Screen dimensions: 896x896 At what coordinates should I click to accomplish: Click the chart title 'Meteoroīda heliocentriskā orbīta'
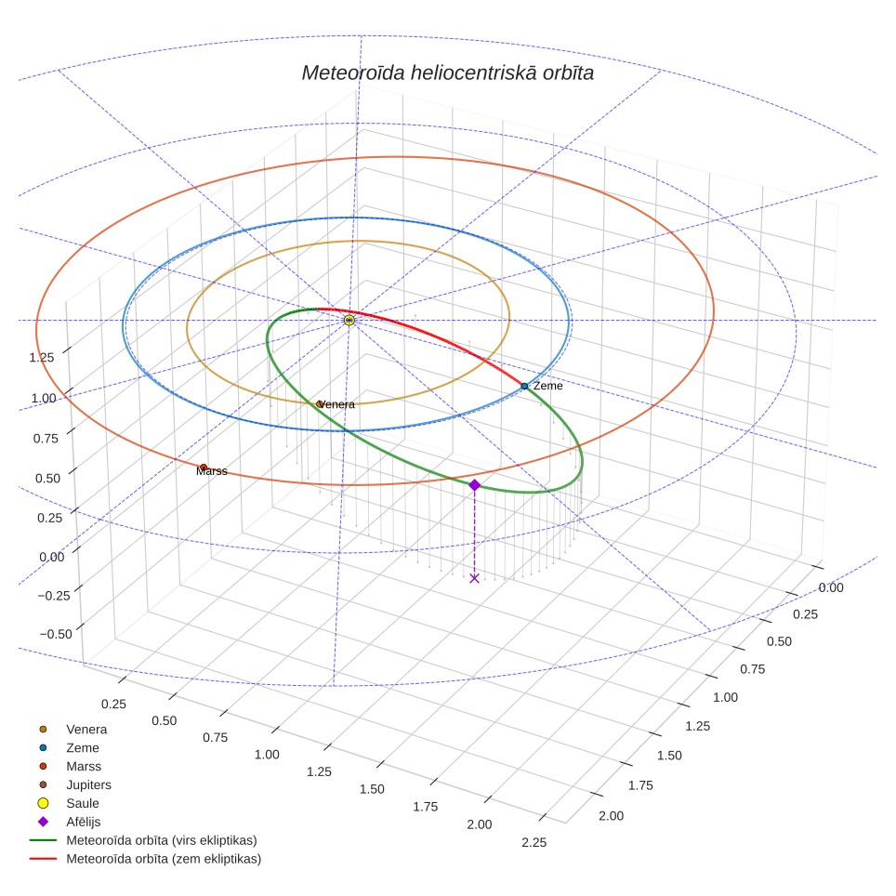pyautogui.click(x=447, y=72)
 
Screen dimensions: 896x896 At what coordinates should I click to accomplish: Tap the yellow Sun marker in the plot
pyautogui.click(x=349, y=320)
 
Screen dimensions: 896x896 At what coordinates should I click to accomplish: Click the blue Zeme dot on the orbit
pyautogui.click(x=524, y=387)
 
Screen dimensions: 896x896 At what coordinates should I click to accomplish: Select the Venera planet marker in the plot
pyautogui.click(x=320, y=404)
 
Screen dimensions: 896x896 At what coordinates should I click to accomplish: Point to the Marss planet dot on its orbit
pyautogui.click(x=204, y=468)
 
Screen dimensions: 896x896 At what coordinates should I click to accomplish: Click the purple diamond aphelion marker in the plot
pyautogui.click(x=474, y=485)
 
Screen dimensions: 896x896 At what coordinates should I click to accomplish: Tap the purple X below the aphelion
pyautogui.click(x=474, y=578)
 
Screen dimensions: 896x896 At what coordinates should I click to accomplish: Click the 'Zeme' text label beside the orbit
pyautogui.click(x=548, y=386)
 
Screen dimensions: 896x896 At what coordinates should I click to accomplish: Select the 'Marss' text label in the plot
pyautogui.click(x=211, y=471)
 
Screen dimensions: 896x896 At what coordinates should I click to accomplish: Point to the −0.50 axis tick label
pyautogui.click(x=56, y=634)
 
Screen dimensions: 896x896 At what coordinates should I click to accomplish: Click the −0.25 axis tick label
pyautogui.click(x=54, y=596)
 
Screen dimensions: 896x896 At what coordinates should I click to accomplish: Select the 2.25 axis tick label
pyautogui.click(x=534, y=842)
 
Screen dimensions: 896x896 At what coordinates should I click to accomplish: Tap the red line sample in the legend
pyautogui.click(x=43, y=859)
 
